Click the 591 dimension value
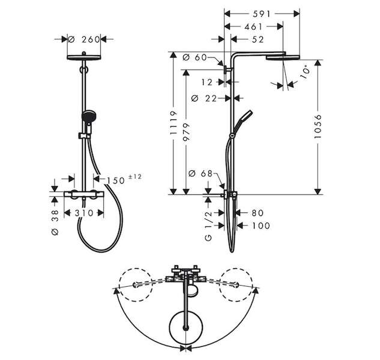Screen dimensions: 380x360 click(262, 14)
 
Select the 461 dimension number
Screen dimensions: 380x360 click(253, 26)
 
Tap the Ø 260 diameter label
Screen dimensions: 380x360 click(84, 39)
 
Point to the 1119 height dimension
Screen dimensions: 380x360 click(173, 123)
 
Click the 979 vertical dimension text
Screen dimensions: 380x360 click(186, 132)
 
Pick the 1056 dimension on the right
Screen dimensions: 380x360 click(318, 127)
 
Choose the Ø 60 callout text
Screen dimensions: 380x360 click(195, 58)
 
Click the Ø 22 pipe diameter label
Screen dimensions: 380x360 click(204, 98)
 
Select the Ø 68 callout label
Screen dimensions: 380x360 click(201, 173)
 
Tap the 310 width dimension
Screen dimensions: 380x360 click(84, 213)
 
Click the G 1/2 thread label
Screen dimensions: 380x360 click(208, 226)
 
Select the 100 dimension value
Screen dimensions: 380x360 click(261, 226)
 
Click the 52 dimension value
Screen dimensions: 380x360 click(258, 40)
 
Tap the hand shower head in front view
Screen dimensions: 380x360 click(89, 116)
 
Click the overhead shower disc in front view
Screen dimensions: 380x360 click(83, 58)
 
